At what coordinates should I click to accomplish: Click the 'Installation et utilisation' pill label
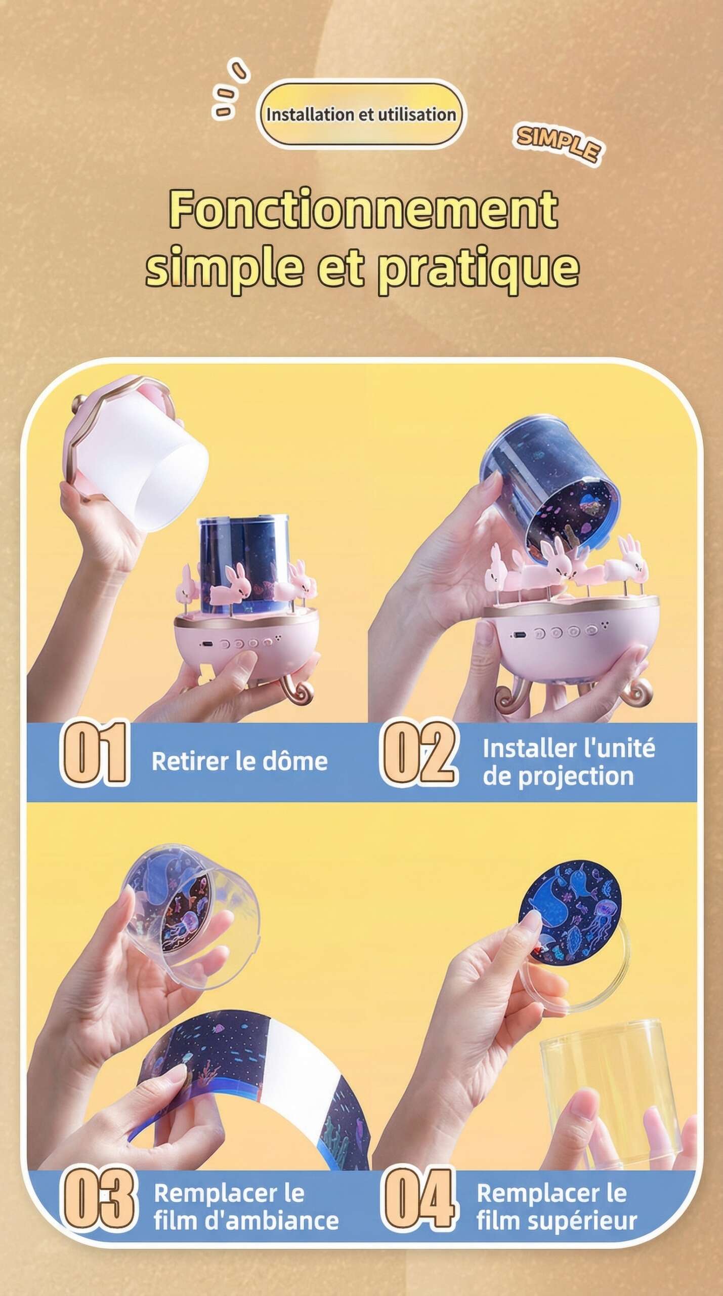coord(361,114)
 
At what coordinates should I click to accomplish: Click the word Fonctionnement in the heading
coord(363,209)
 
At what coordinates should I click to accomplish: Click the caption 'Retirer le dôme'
coord(239,761)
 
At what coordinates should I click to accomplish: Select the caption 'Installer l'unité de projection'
coord(568,762)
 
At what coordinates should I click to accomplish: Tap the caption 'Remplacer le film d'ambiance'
coord(246,1207)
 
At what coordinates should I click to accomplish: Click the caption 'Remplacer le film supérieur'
coord(557,1207)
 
